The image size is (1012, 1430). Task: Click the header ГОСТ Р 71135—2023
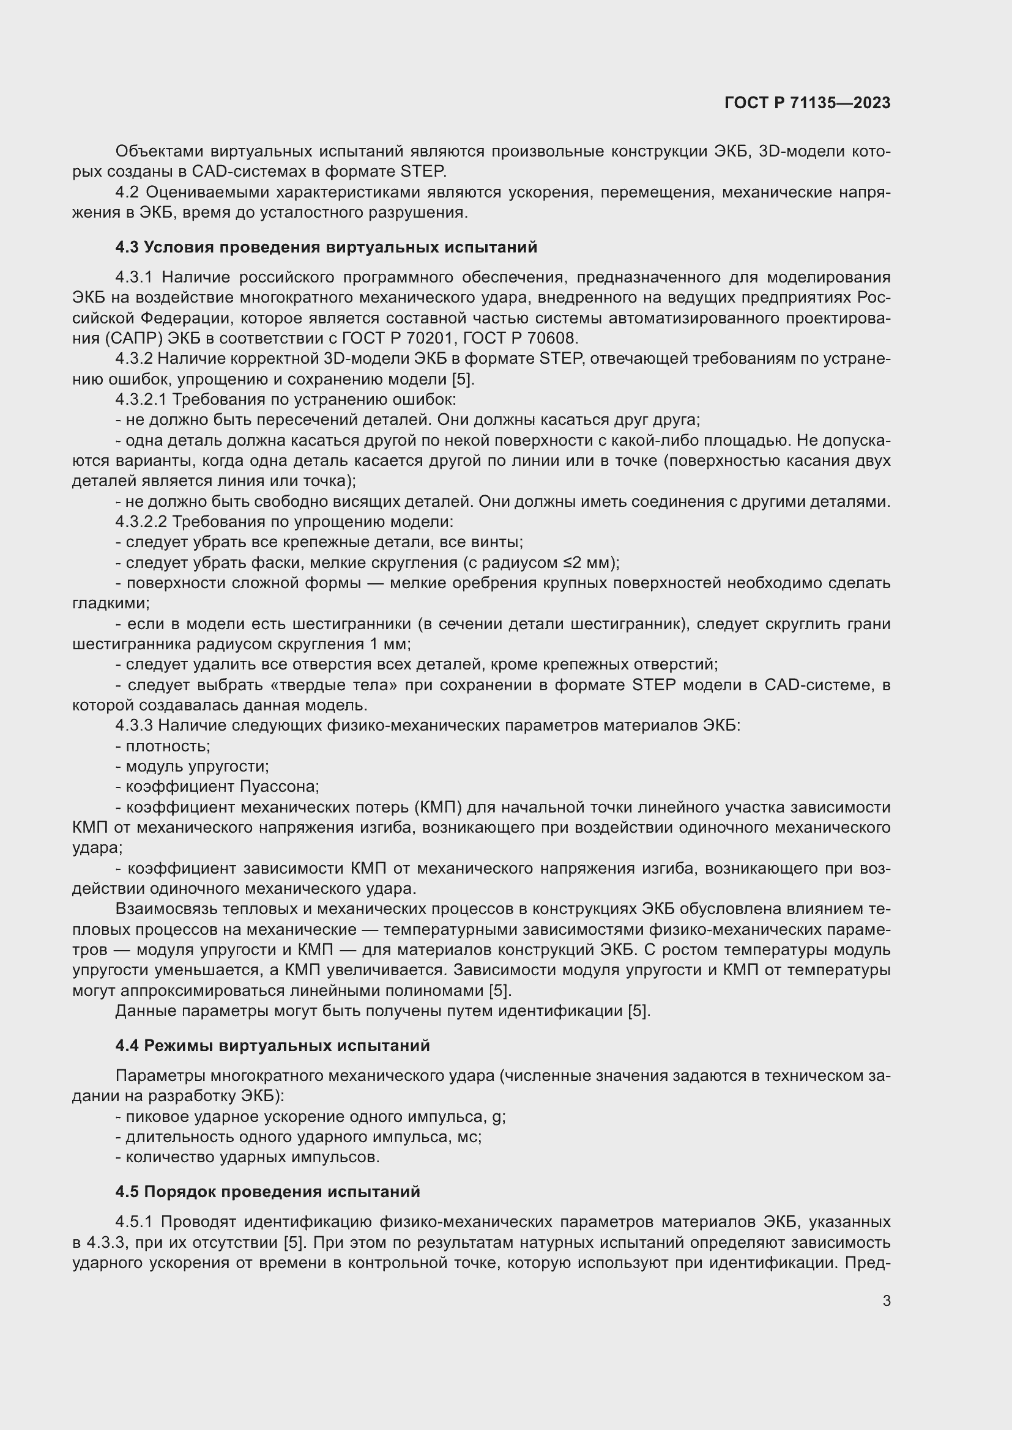[807, 103]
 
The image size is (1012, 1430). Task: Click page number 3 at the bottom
[886, 1300]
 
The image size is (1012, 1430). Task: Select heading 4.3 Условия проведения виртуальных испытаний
[326, 247]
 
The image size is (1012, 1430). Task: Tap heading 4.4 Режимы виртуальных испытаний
[272, 1045]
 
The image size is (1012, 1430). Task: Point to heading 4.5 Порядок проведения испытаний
[267, 1192]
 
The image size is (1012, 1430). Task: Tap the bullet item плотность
[168, 746]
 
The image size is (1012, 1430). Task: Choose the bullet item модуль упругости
[197, 767]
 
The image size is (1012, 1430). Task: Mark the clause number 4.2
[128, 193]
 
